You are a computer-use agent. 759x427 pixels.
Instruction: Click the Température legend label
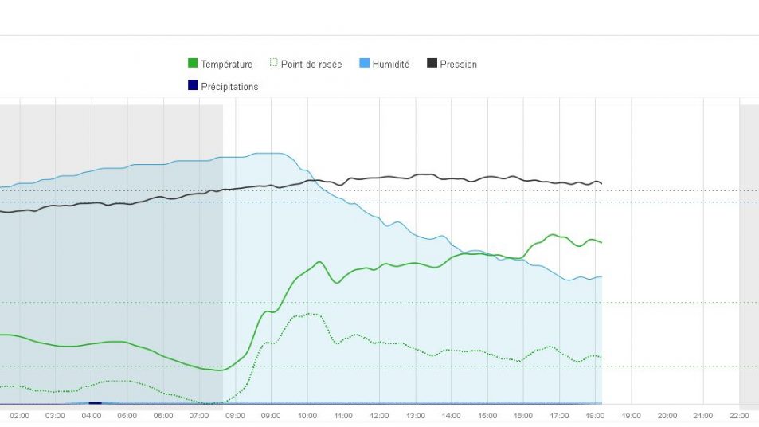[x=226, y=64]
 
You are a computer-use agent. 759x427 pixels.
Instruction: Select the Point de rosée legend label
[x=311, y=64]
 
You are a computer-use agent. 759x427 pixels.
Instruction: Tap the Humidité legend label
[x=390, y=64]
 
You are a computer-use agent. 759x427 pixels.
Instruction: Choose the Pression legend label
[x=458, y=64]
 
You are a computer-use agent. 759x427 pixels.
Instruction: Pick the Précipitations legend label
[x=229, y=87]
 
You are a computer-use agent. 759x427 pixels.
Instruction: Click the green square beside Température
[x=193, y=64]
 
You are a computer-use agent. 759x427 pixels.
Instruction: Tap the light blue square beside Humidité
[x=365, y=64]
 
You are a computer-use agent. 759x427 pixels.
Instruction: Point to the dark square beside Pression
[x=432, y=64]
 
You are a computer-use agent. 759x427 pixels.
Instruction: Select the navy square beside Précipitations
[x=193, y=86]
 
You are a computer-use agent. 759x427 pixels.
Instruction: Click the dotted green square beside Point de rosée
[x=273, y=64]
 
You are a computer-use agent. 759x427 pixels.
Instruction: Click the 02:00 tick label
[x=19, y=416]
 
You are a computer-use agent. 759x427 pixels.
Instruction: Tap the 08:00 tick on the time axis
[x=235, y=416]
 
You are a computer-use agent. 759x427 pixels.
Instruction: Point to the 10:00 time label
[x=307, y=416]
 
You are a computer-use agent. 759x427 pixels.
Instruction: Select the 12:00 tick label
[x=379, y=416]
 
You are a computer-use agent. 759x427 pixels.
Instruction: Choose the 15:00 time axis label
[x=487, y=416]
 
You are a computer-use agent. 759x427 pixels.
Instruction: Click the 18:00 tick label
[x=596, y=416]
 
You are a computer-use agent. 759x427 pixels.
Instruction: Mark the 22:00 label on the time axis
[x=739, y=416]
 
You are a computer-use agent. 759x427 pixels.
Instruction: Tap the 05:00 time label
[x=127, y=416]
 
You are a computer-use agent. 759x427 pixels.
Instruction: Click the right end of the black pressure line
[x=601, y=183]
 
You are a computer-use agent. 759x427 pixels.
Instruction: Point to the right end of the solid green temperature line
[x=601, y=242]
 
